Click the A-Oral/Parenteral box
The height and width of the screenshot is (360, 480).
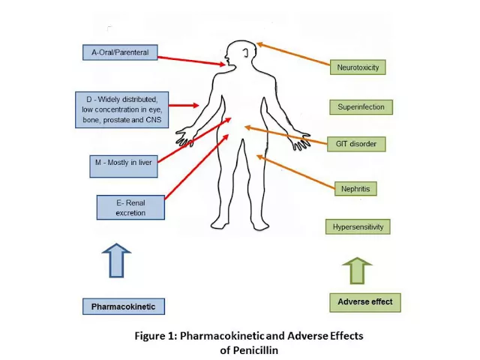pos(120,52)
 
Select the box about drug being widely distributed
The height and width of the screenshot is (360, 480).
pos(121,109)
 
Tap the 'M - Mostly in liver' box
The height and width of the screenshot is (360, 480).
pos(124,166)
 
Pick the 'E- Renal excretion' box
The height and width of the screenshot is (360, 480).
pos(130,208)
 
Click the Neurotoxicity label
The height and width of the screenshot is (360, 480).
pos(358,67)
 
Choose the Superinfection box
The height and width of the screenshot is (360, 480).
pos(361,107)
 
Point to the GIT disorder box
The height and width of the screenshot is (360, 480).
pos(356,144)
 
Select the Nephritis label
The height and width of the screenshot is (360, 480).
pos(355,188)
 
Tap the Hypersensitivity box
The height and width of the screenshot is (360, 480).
pos(358,226)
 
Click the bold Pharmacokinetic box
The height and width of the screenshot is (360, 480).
pos(124,307)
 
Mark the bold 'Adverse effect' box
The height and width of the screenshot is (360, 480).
pos(365,302)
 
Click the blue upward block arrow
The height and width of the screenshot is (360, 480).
pos(117,260)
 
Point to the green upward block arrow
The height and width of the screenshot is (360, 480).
pos(357,270)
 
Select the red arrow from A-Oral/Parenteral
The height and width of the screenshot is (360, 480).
pos(191,61)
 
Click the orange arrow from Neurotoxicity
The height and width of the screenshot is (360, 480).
pos(293,54)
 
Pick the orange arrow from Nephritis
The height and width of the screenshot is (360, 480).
pos(295,172)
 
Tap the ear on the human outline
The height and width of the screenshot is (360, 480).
pos(245,53)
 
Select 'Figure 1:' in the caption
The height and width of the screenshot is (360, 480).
pos(156,336)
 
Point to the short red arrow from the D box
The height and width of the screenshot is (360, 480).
pos(184,105)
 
